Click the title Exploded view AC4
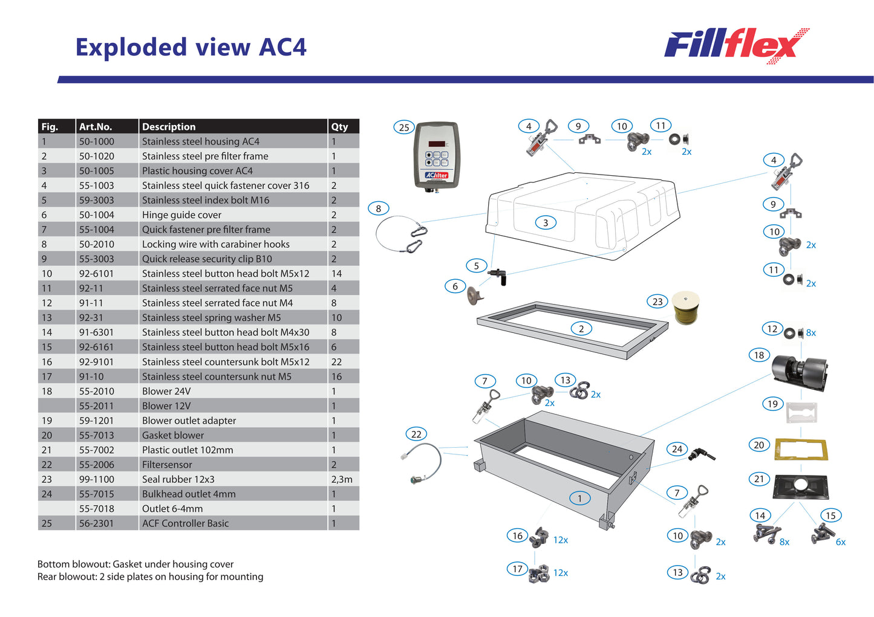tap(191, 47)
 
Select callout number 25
tap(404, 128)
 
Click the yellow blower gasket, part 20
tap(801, 449)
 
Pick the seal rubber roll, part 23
tap(686, 307)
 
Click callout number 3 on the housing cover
tap(546, 222)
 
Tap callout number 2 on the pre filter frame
tap(581, 329)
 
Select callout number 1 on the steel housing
tap(579, 498)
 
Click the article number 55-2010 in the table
tap(97, 391)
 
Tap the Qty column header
tap(340, 126)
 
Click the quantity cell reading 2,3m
tap(342, 479)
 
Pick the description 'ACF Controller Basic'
tap(186, 523)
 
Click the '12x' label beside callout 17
tap(561, 572)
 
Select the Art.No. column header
tap(96, 126)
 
